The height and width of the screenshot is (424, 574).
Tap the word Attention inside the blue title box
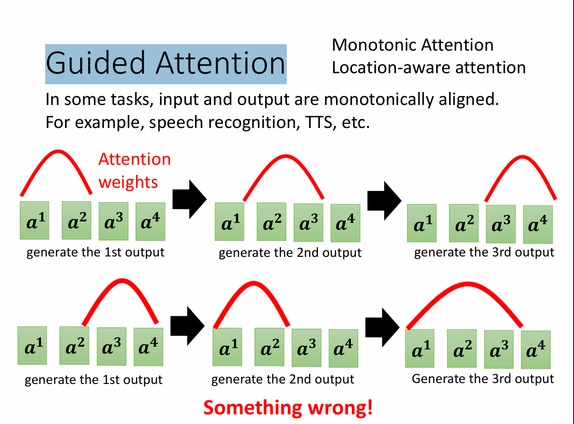(x=220, y=64)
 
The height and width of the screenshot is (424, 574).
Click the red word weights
(x=128, y=182)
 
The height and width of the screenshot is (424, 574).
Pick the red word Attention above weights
(x=135, y=159)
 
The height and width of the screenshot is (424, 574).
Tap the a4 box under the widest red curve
(x=536, y=350)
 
